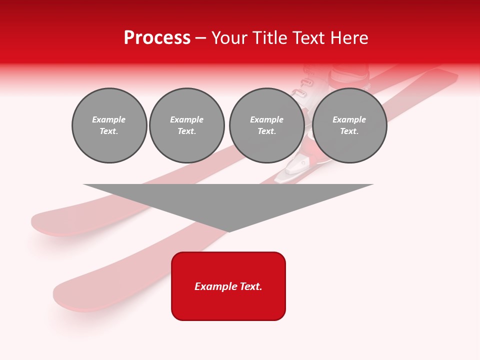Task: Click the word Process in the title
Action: tap(157, 38)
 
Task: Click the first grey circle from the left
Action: tap(109, 125)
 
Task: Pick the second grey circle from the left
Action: tap(187, 125)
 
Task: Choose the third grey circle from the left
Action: tap(266, 125)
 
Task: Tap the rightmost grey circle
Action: tap(349, 125)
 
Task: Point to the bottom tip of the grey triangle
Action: tap(228, 231)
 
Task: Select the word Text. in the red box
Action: tap(251, 286)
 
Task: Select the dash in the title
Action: tap(201, 38)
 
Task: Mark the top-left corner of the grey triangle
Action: tap(84, 184)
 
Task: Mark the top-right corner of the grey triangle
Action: tap(373, 184)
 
